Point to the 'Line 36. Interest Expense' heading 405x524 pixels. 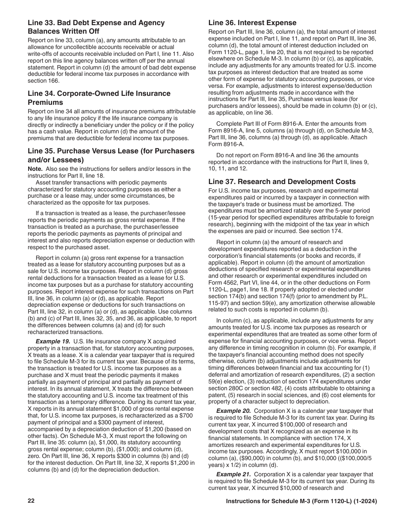(x=252, y=23)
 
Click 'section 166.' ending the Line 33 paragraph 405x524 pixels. (x=44, y=81)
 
